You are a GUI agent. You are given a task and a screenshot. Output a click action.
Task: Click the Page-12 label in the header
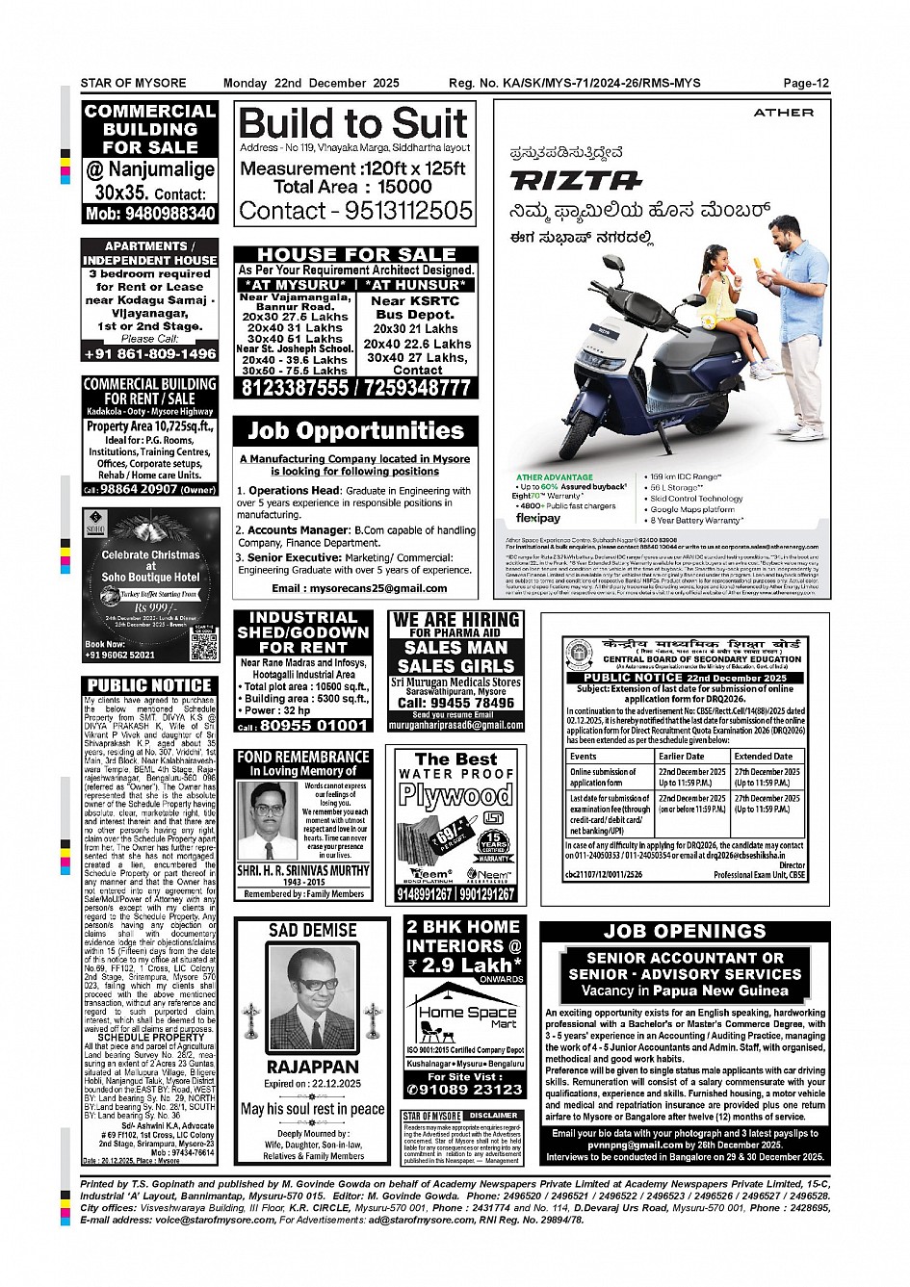point(805,83)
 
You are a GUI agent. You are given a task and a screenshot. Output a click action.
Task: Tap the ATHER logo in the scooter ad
point(783,113)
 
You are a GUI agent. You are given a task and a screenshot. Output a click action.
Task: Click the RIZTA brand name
point(575,181)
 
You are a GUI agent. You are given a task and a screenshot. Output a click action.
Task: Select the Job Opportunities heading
point(355,430)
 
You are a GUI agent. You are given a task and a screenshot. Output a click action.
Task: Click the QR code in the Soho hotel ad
point(203,646)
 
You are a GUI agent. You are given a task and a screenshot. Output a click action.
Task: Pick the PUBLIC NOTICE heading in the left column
point(149,685)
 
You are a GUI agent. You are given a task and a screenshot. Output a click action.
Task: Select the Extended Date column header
point(764,756)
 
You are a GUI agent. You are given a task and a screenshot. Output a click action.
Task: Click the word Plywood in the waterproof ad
point(455,795)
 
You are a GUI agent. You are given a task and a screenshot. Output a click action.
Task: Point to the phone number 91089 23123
point(465,1090)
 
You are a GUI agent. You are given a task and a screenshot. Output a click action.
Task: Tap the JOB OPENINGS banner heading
point(684,931)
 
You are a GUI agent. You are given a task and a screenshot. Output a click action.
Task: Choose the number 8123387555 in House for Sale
point(295,388)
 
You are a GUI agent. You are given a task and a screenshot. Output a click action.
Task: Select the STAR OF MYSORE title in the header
point(133,83)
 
